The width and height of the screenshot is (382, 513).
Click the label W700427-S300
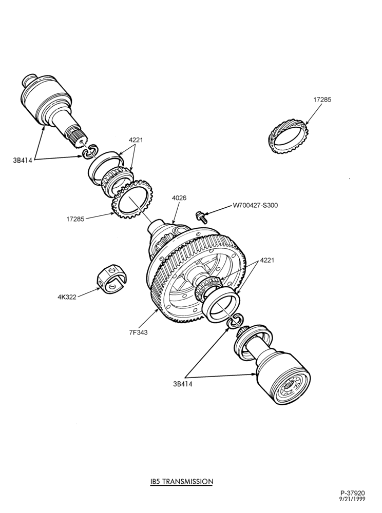point(255,206)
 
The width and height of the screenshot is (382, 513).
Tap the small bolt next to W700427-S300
point(200,215)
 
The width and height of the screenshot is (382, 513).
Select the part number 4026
point(179,198)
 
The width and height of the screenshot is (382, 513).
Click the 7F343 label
point(138,332)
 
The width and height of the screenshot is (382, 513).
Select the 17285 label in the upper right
point(322,100)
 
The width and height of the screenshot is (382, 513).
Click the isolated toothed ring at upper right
point(289,137)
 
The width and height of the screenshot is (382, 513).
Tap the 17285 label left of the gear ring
point(75,219)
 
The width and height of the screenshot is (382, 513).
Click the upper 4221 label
point(136,140)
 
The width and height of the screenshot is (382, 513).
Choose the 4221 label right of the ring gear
point(267,261)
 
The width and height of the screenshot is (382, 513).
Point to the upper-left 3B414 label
point(23,161)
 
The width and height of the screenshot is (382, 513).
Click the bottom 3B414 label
point(183,384)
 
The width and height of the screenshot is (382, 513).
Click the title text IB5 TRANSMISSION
point(182,481)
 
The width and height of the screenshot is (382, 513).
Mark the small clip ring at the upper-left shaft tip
point(90,151)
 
